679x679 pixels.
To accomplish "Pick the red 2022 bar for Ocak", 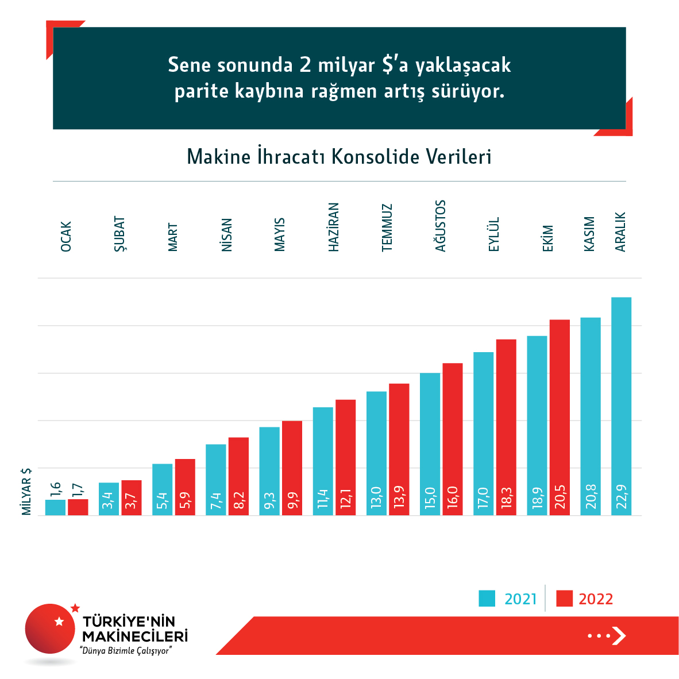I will pos(78,507).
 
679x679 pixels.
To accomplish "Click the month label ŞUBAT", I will pos(119,234).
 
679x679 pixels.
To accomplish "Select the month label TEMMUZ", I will pos(387,227).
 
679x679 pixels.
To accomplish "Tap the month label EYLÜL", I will pos(494,234).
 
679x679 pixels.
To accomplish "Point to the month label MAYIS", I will pos(280,234).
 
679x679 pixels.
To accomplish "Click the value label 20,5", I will pos(560,497).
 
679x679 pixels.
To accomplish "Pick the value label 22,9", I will pos(622,497).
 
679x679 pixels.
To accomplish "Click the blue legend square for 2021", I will pos(487,599).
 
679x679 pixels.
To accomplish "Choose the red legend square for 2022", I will pos(565,599).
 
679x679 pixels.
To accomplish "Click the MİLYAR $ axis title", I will pos(26,491).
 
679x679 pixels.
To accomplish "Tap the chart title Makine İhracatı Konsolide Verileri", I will pos(339,157).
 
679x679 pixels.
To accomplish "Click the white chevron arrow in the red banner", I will pos(619,636).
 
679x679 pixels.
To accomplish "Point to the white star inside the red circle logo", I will pos(59,621).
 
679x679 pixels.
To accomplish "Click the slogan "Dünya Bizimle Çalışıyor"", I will pos(126,651).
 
